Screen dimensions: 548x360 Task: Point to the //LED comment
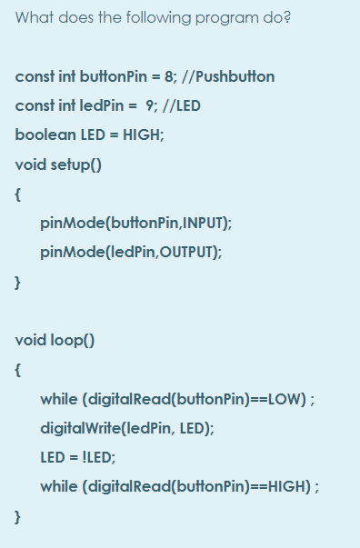click(183, 105)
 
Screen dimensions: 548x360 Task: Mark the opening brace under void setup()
click(18, 194)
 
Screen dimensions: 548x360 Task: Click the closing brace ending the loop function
click(18, 516)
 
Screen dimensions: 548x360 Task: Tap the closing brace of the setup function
click(18, 282)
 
